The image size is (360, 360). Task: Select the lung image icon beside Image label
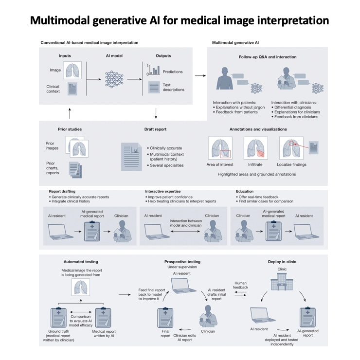click(72, 70)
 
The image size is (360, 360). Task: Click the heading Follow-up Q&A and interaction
click(266, 57)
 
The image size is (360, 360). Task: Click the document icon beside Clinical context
click(72, 90)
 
